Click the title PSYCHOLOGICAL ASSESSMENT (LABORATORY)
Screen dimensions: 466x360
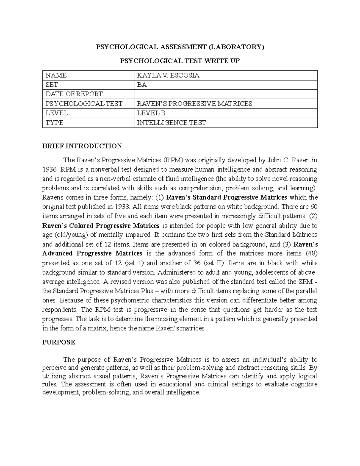pos(180,47)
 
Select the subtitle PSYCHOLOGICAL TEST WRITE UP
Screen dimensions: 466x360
pos(180,61)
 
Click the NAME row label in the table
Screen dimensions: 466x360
pos(56,76)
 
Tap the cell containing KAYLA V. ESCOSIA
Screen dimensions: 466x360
pos(168,76)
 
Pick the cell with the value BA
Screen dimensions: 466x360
pos(142,85)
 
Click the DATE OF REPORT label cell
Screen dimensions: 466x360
pos(74,94)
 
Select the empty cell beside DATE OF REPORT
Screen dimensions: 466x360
pos(225,94)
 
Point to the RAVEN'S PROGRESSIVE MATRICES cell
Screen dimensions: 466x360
pos(194,104)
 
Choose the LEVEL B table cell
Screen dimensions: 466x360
pos(151,113)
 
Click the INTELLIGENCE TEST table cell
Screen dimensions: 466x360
pos(171,123)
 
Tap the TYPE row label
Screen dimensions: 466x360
pos(55,123)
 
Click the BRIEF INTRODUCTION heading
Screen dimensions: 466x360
pos(82,146)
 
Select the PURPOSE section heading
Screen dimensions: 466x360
pos(58,342)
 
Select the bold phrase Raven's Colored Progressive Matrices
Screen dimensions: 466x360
pos(101,226)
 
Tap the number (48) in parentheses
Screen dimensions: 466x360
pos(311,254)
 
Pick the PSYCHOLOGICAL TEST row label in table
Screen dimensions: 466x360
pos(84,104)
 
